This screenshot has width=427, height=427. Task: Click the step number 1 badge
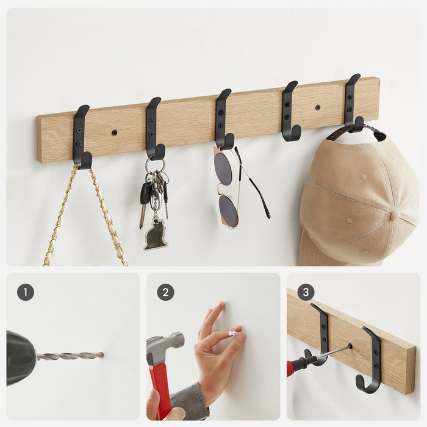26,292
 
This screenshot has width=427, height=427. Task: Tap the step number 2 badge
165,292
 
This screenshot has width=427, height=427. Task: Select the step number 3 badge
306,292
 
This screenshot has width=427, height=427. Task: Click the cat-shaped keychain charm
156,235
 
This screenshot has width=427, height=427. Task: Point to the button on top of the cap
395,215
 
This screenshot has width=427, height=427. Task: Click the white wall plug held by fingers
234,333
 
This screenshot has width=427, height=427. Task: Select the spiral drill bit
70,356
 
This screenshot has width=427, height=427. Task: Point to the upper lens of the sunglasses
223,168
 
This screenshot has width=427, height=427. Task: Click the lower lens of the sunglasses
228,209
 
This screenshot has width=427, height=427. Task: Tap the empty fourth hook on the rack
290,111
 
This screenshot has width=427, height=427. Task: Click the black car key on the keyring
145,193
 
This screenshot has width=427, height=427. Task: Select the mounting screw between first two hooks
115,132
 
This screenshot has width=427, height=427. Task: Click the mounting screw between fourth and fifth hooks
318,107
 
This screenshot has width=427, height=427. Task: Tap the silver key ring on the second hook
155,165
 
